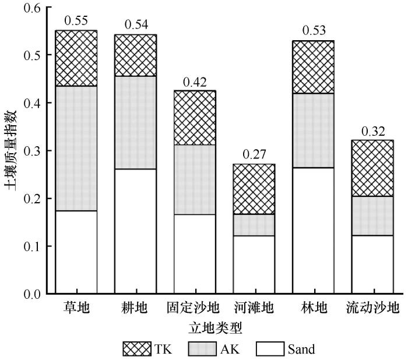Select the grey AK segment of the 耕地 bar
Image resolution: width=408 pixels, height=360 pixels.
point(135,122)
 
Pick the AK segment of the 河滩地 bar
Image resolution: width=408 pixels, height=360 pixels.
point(254,225)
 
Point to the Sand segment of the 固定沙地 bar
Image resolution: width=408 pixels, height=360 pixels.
point(195,253)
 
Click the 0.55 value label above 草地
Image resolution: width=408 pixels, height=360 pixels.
point(76,22)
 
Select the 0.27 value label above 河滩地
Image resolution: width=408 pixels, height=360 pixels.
point(254,156)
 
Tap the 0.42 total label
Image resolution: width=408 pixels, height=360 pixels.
point(195,82)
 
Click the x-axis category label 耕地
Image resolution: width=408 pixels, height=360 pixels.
point(135,308)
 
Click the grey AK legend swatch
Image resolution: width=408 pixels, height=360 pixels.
point(204,349)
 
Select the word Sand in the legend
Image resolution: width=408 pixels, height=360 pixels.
point(301,349)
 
